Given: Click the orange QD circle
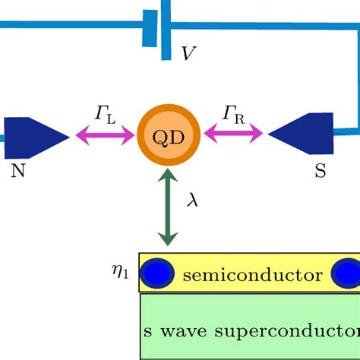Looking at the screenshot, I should [168, 136].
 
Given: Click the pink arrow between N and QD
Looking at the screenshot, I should [105, 137].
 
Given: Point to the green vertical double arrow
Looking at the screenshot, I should [168, 208].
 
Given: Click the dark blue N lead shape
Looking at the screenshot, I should [34, 137].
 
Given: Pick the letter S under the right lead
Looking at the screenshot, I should [320, 171].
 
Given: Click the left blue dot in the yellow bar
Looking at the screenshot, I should [159, 273].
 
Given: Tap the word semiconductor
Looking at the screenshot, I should [253, 275].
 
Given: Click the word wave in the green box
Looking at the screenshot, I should [180, 331].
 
